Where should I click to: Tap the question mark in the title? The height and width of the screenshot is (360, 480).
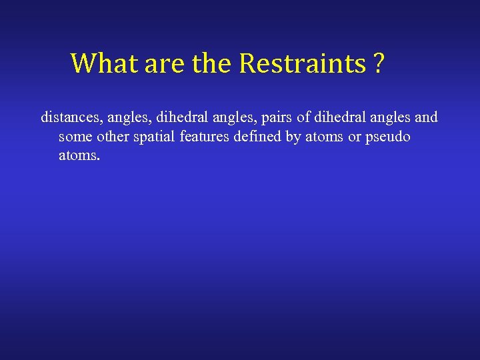click(378, 63)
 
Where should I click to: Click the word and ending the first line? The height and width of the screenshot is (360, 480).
click(426, 117)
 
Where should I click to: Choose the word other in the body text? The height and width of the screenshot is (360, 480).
click(115, 137)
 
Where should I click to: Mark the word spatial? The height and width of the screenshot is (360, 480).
click(161, 137)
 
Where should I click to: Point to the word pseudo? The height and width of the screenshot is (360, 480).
click(387, 137)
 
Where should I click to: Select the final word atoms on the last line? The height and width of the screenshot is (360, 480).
click(79, 156)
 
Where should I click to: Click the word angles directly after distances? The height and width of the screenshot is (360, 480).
click(127, 117)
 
